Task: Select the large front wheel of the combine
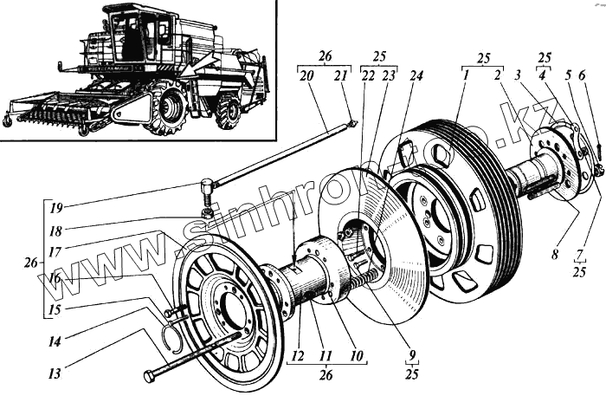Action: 170,107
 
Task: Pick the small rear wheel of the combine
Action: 228,114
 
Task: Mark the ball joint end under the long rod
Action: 207,187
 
